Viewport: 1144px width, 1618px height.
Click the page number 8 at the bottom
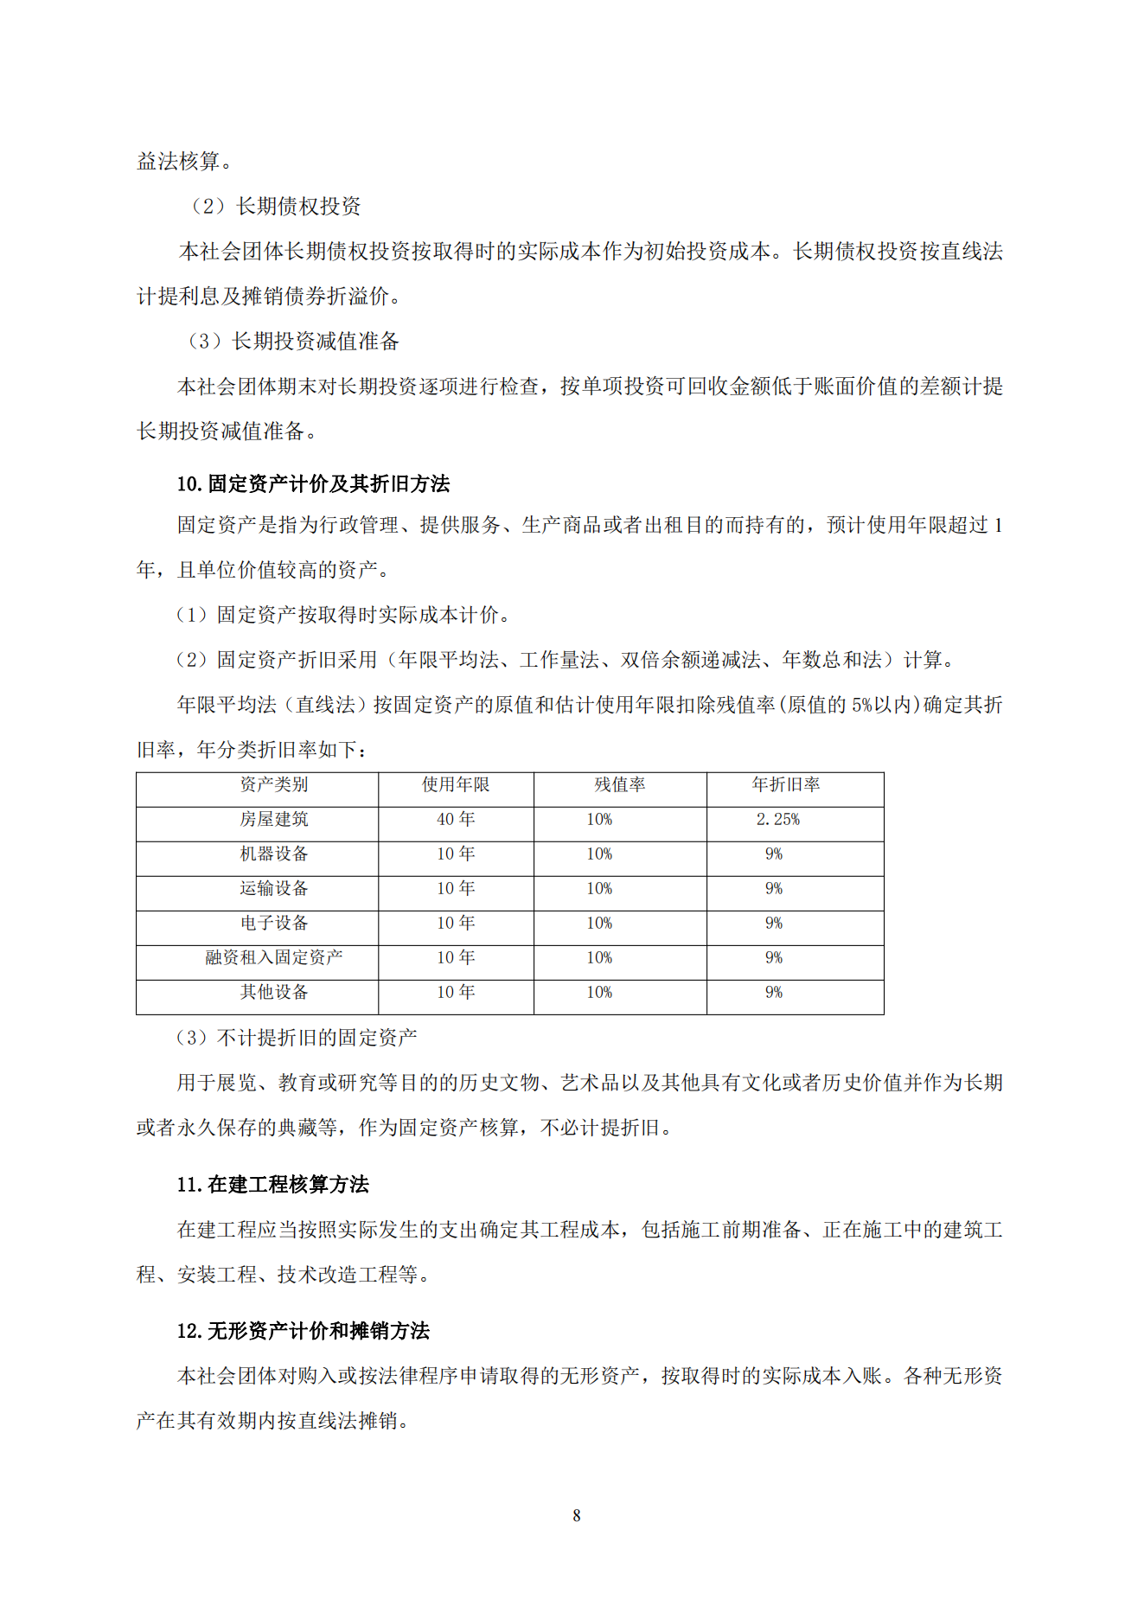pyautogui.click(x=576, y=1515)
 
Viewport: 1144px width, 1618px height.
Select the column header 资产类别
pyautogui.click(x=273, y=784)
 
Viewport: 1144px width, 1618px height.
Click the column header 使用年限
pyautogui.click(x=455, y=784)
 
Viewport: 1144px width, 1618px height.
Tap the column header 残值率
pyautogui.click(x=619, y=784)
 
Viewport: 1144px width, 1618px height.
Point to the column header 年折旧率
pyautogui.click(x=785, y=784)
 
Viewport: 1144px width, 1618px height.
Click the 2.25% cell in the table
pyautogui.click(x=777, y=819)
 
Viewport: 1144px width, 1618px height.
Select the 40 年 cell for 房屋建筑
pyautogui.click(x=455, y=819)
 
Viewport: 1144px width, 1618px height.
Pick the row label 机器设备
pyautogui.click(x=273, y=854)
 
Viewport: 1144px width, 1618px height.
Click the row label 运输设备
pyautogui.click(x=273, y=888)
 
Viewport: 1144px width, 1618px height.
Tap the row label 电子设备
pyautogui.click(x=273, y=923)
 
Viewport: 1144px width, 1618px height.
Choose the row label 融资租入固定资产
pyautogui.click(x=273, y=957)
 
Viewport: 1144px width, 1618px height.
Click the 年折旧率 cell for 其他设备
pyautogui.click(x=773, y=992)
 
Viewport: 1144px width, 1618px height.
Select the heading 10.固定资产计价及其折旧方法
pyautogui.click(x=313, y=483)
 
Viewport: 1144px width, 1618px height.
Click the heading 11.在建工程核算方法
pyautogui.click(x=272, y=1184)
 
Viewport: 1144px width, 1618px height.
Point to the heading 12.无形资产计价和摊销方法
pyautogui.click(x=303, y=1330)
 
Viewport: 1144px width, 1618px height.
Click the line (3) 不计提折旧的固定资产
pyautogui.click(x=296, y=1037)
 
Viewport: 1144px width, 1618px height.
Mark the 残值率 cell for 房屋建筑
pyautogui.click(x=599, y=819)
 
